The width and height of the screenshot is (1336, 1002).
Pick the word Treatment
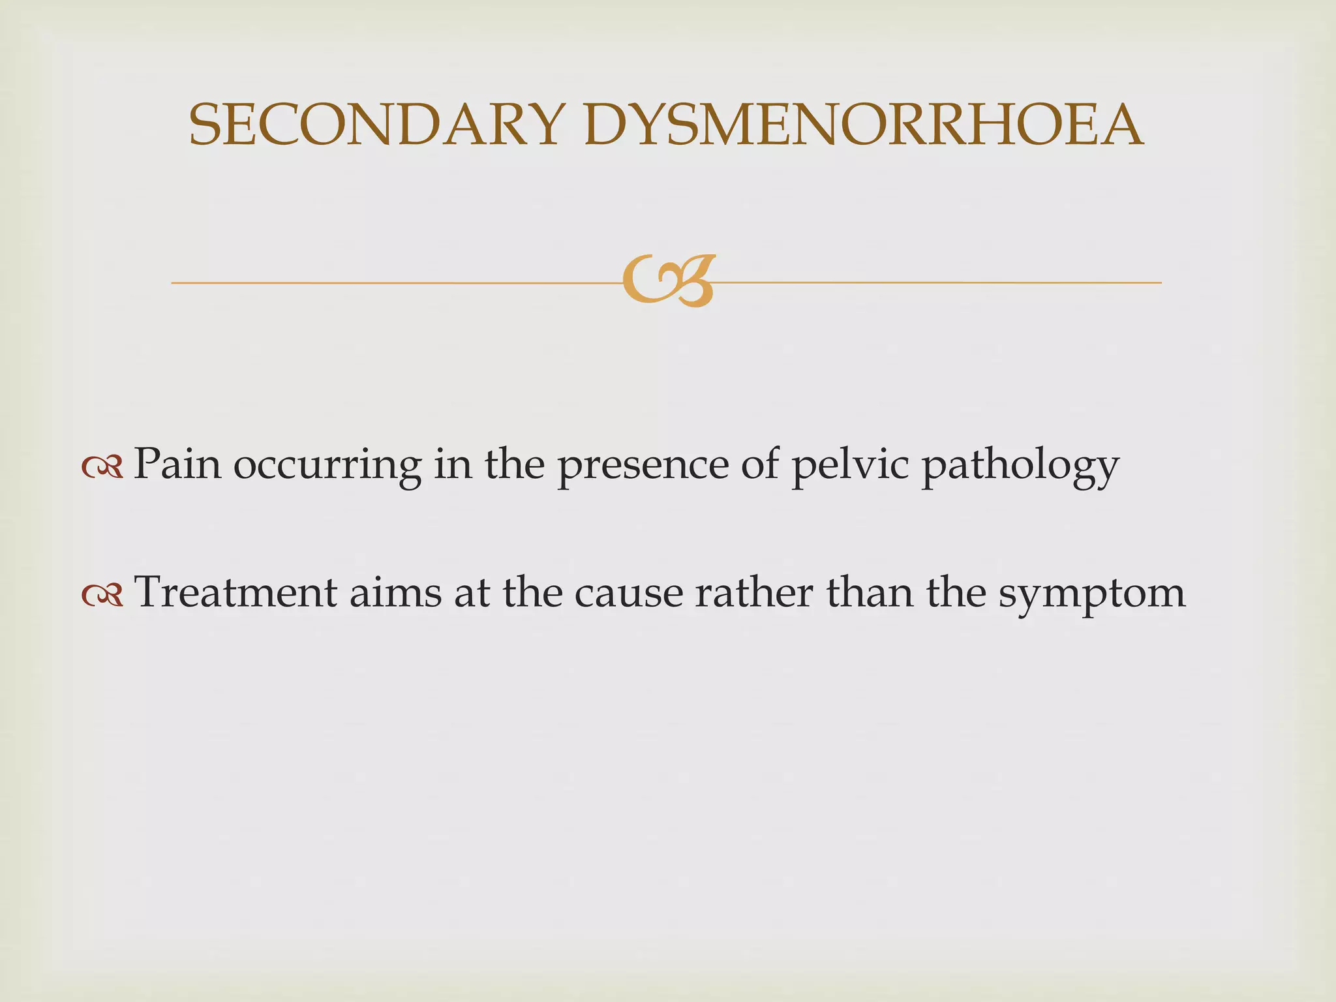tap(235, 592)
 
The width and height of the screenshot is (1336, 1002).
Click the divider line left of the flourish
tap(391, 282)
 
